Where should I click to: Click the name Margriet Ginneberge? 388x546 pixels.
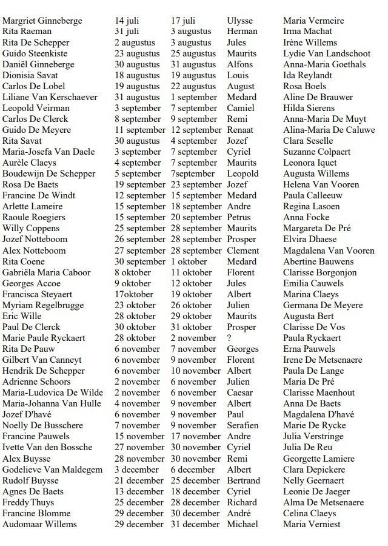42,21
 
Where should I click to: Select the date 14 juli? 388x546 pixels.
129,21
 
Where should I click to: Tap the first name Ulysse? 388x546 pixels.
240,21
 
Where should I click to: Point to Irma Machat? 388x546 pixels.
307,32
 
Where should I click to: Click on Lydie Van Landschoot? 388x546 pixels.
326,53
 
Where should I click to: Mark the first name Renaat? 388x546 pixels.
240,130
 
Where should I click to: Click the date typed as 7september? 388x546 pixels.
193,174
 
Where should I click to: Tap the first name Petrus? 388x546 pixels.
239,217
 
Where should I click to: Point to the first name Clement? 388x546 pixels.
243,250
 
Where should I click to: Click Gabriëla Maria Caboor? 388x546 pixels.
47,272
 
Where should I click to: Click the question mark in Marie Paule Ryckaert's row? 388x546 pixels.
229,338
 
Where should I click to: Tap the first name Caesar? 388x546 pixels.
240,393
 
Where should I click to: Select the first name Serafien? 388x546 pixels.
242,425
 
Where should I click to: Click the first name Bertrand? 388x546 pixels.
244,480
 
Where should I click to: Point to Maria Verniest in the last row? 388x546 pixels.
312,524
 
